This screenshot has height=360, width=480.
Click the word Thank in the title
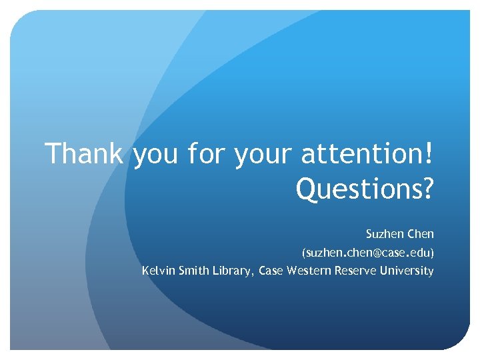pos(84,154)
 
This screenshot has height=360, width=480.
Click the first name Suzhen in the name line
pos(381,235)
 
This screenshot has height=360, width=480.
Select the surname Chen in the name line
pos(420,235)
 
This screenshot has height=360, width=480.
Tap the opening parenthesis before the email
pos(303,253)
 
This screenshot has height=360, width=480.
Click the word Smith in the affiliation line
pos(193,271)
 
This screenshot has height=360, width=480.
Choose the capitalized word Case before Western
pos(270,271)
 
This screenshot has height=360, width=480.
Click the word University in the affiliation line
pos(405,271)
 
